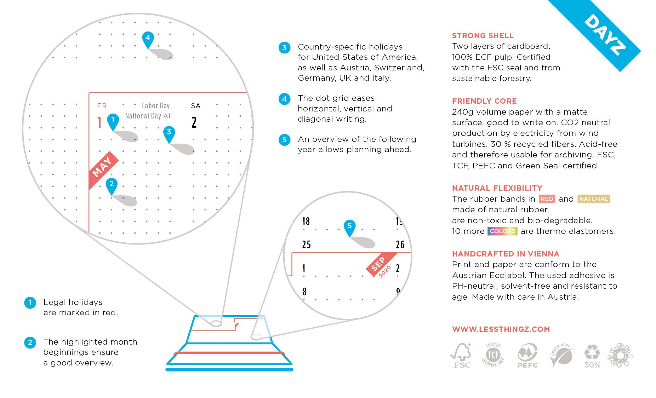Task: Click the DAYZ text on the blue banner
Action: (605, 35)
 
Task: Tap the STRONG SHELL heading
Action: (483, 36)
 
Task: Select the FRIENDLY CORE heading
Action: (484, 101)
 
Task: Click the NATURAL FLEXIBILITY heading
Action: (497, 188)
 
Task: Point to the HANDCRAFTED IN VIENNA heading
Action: (506, 254)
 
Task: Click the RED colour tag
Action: (547, 199)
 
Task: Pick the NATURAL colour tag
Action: (594, 199)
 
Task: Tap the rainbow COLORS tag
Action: (502, 231)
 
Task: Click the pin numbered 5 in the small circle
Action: (349, 226)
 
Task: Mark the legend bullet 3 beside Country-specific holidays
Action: (284, 47)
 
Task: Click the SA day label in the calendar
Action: (196, 106)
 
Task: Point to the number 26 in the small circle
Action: (400, 244)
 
